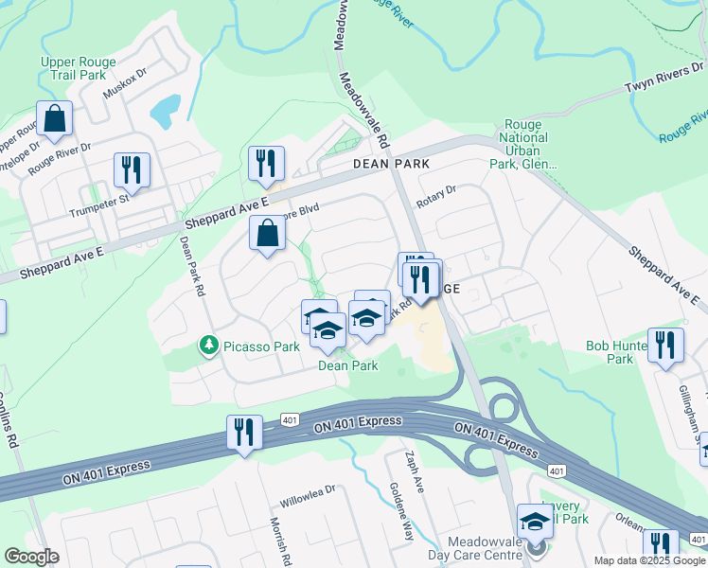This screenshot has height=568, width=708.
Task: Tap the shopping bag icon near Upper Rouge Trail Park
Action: click(x=55, y=119)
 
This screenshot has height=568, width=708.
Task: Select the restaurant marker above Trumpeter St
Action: click(x=132, y=170)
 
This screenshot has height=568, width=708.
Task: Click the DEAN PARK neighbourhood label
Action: click(x=391, y=164)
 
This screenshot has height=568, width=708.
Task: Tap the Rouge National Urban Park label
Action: click(x=527, y=144)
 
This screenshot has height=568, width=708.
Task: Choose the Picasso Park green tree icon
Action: click(x=208, y=346)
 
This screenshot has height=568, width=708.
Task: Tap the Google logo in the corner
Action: click(x=31, y=557)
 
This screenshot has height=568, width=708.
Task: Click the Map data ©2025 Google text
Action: click(x=648, y=560)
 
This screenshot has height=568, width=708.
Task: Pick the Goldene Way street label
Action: click(x=402, y=511)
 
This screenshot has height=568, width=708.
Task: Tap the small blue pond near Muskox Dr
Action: click(x=163, y=112)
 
